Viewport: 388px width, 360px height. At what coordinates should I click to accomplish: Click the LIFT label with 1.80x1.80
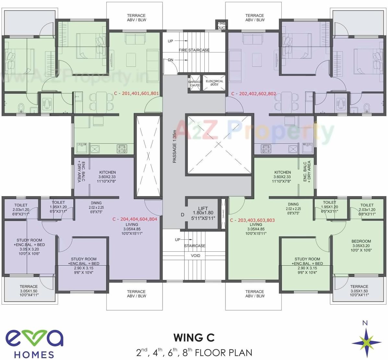[203, 213]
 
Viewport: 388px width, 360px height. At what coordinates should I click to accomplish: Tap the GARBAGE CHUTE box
[195, 83]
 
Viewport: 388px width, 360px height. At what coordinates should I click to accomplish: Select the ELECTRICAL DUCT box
[214, 83]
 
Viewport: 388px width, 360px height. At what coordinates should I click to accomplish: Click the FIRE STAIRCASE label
[194, 50]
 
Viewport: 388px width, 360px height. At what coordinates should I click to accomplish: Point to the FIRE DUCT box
[221, 25]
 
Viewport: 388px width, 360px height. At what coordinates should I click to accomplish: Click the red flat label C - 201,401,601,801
[136, 93]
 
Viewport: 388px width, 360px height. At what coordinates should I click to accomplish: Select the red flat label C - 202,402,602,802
[253, 94]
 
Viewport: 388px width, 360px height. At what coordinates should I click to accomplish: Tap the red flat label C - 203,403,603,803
[252, 220]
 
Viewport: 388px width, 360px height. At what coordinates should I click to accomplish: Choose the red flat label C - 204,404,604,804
[135, 219]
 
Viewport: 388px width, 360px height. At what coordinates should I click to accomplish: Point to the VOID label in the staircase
[195, 256]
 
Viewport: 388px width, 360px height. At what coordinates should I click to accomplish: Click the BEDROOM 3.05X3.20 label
[361, 246]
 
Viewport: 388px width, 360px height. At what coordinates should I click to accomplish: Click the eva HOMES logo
[34, 343]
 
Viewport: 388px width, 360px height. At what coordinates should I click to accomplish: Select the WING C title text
[194, 338]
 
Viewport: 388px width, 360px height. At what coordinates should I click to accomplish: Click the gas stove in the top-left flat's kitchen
[122, 149]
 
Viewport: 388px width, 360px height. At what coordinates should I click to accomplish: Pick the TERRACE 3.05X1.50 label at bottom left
[29, 291]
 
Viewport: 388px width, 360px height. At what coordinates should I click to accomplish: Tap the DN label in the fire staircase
[170, 60]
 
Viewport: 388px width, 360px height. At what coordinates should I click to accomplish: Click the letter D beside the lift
[182, 215]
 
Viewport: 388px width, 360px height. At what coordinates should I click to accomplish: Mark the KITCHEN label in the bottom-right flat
[283, 177]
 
